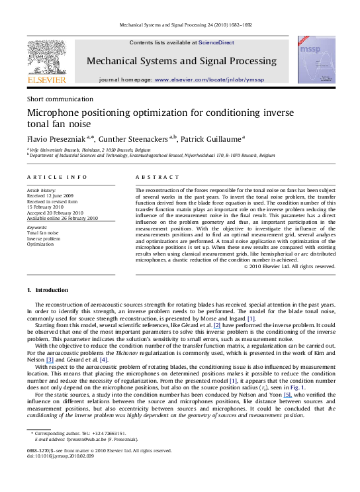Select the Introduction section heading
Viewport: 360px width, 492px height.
48,290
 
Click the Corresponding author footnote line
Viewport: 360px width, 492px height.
75,432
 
